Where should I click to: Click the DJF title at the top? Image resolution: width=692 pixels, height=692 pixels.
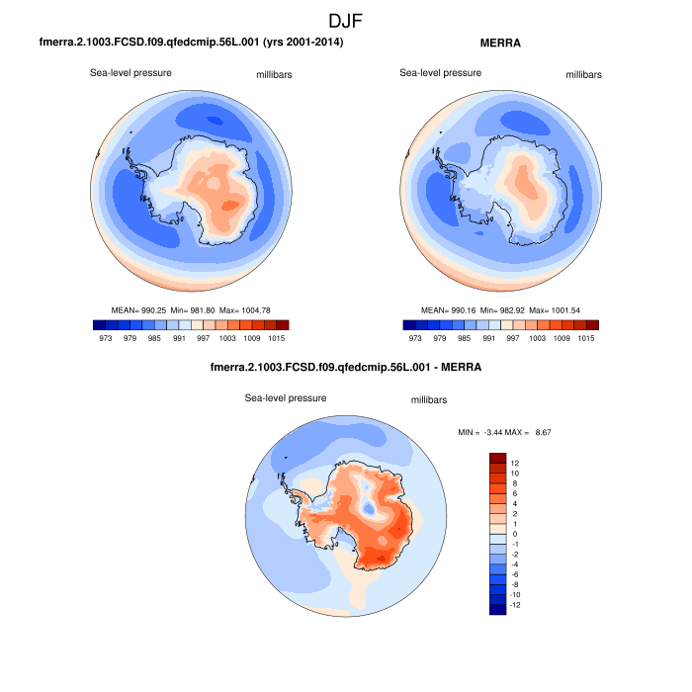coord(346,20)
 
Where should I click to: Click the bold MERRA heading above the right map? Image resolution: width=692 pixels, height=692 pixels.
coord(501,43)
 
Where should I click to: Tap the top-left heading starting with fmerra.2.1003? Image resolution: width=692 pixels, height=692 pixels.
coord(191,43)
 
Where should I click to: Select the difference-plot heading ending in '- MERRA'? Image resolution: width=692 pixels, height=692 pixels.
coord(346,369)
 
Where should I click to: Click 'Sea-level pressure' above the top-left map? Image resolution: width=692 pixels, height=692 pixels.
coord(131,73)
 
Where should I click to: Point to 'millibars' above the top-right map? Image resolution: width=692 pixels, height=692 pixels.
coord(583,74)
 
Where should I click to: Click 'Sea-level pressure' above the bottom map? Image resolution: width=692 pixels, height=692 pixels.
coord(286,398)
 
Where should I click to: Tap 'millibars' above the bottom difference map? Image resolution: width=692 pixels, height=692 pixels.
coord(429,399)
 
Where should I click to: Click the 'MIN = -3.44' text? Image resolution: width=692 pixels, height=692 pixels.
coord(479,432)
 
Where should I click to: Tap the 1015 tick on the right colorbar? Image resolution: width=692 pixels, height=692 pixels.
coord(586,337)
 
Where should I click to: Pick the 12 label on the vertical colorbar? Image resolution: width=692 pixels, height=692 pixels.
coord(515,463)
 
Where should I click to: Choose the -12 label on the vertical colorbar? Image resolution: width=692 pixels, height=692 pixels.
coord(517,605)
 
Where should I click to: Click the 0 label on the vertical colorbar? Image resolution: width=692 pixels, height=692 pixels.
coord(514,534)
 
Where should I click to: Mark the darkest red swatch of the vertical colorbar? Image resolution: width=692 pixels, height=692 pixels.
coord(497,458)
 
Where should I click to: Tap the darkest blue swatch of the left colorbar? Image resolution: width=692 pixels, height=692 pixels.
coord(98,324)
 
